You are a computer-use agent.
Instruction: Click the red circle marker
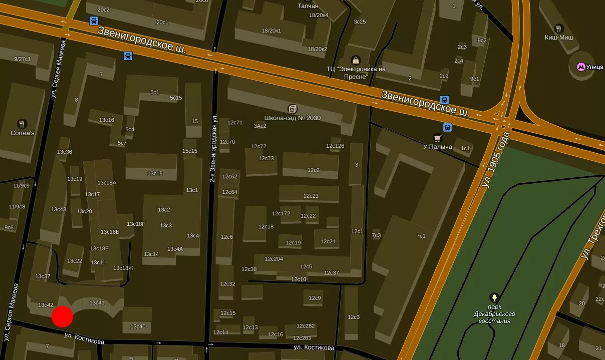[63, 317]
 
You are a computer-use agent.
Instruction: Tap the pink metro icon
[581, 66]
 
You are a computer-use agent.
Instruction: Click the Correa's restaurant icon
[22, 124]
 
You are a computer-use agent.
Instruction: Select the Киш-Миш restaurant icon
[559, 29]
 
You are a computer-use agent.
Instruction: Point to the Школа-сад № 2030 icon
[292, 109]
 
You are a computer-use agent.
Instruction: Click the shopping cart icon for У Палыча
[438, 138]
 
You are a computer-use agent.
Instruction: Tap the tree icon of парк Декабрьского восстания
[494, 297]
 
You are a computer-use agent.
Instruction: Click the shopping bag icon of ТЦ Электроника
[356, 60]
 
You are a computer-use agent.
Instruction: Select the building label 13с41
[97, 303]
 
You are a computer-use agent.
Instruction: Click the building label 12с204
[274, 259]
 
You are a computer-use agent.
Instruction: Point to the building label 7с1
[421, 236]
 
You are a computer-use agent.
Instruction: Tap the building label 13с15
[155, 174]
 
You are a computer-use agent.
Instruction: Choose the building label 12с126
[335, 146]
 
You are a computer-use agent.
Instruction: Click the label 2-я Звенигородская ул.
[213, 149]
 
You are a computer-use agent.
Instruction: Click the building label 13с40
[138, 327]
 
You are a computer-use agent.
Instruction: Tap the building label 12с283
[302, 338]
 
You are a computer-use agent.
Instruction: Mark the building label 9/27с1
[22, 59]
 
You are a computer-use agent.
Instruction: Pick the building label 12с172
[281, 214]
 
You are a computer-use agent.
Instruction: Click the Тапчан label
[308, 6]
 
